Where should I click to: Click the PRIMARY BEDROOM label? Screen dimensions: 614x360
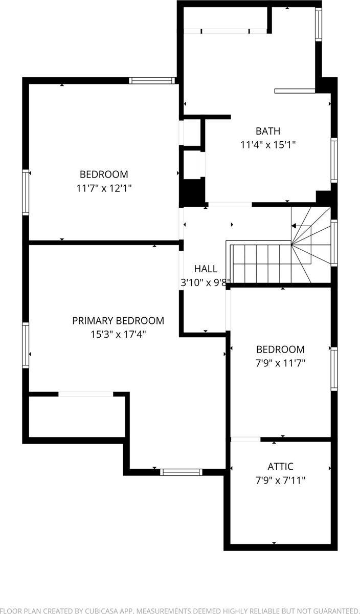[x=118, y=321]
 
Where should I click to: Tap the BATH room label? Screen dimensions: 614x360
[x=268, y=131]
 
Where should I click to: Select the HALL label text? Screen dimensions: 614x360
[x=206, y=269]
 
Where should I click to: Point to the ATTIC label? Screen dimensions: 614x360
[x=280, y=467]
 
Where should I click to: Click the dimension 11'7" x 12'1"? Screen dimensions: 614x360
[x=104, y=188]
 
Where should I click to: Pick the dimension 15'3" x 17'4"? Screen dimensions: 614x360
[x=118, y=335]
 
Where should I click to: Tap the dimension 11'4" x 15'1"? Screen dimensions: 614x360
[x=268, y=145]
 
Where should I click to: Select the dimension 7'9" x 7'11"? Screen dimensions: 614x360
[x=280, y=480]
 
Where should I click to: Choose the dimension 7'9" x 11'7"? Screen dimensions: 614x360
[x=280, y=363]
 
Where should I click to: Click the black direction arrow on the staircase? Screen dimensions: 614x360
[x=294, y=225]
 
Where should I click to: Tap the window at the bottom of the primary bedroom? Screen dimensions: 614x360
[x=181, y=472]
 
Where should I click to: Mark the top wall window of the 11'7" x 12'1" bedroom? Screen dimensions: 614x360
[x=152, y=80]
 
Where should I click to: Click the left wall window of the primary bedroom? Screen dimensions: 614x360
[x=26, y=345]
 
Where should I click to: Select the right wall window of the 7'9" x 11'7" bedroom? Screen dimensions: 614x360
[x=334, y=368]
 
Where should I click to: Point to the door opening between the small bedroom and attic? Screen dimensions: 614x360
[x=245, y=439]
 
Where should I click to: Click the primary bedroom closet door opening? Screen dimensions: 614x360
[x=85, y=394]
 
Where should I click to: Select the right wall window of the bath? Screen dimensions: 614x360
[x=334, y=160]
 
